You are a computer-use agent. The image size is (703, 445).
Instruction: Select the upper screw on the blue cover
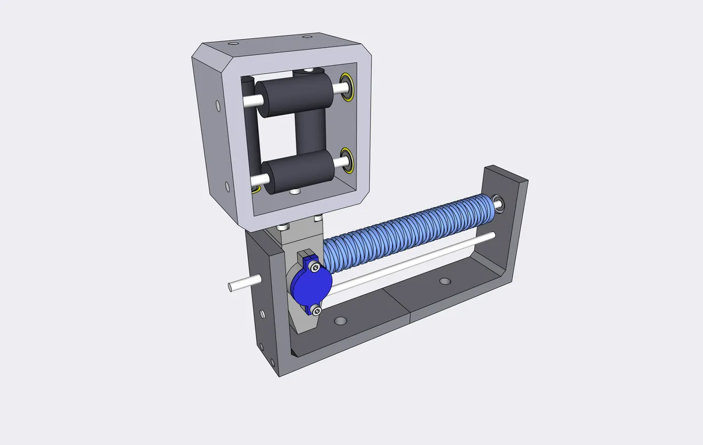pos(314,268)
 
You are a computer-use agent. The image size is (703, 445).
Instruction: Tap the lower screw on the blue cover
pos(316,310)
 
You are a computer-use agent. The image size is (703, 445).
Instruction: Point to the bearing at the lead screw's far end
pos(499,202)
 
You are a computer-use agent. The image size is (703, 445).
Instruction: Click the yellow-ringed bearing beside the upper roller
pos(347,87)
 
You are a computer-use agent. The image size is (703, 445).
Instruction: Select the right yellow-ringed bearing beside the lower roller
pos(347,162)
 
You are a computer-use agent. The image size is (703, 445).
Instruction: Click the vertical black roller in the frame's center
pos(311,132)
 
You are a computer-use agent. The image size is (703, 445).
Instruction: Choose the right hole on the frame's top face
pos(306,37)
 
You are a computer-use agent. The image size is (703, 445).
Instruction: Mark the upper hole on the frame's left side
pos(217,104)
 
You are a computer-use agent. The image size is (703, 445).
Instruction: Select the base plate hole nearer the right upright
pos(445,281)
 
